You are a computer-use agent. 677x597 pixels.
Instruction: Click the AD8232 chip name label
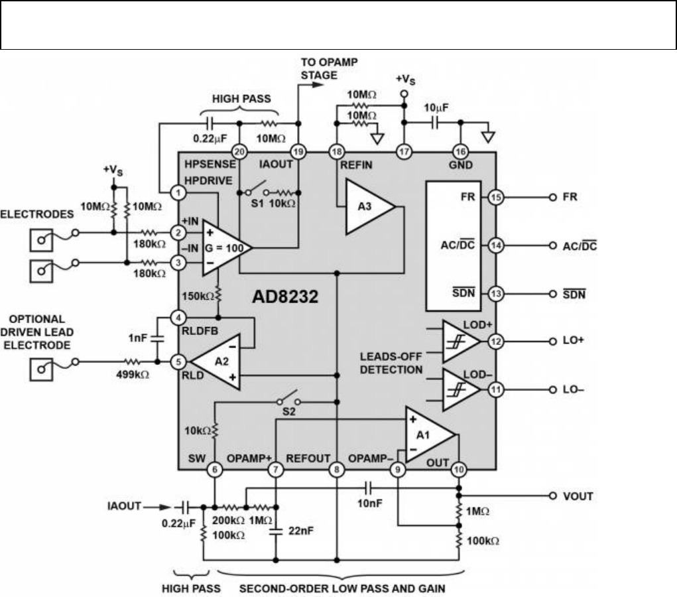coord(286,296)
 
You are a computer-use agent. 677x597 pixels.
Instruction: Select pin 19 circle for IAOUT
coord(298,152)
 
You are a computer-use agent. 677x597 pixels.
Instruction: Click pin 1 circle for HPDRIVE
coord(178,192)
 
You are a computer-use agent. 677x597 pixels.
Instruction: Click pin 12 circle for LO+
coord(495,341)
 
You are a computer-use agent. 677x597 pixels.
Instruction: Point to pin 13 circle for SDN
coord(495,294)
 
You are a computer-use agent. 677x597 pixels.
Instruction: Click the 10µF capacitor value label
coord(436,108)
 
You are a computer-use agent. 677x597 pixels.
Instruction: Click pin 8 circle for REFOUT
coord(337,470)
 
